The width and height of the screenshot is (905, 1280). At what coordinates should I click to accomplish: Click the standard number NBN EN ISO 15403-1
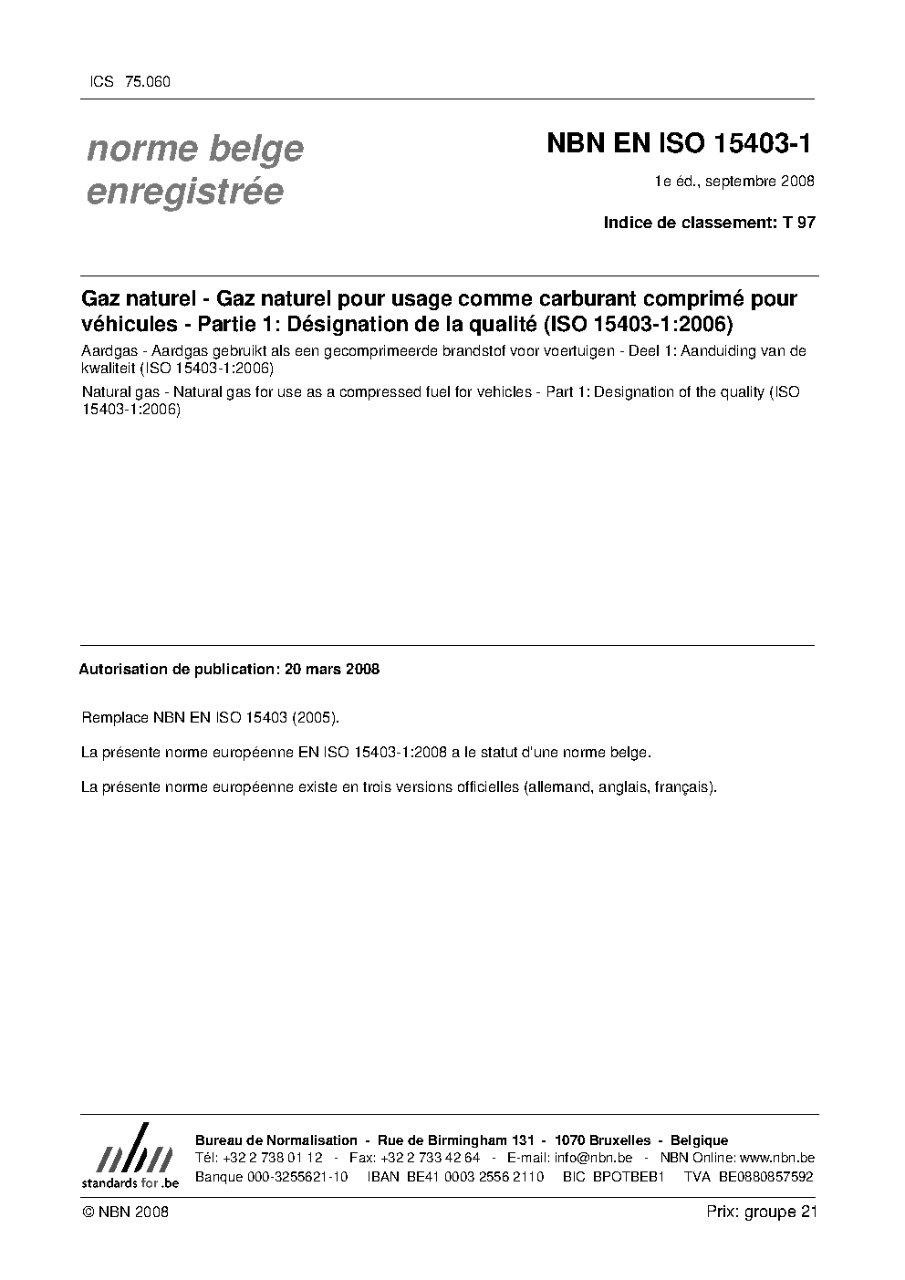(679, 144)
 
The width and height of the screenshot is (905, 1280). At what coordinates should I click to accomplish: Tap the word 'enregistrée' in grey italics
(184, 193)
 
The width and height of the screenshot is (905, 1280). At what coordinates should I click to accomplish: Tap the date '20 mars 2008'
(332, 669)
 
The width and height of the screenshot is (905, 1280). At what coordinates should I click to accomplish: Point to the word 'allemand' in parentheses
(557, 786)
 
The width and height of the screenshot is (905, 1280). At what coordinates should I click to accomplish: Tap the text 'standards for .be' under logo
(130, 1182)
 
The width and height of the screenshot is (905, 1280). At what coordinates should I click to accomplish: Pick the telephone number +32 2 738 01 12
(272, 1158)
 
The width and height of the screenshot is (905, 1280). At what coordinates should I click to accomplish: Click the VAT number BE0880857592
(766, 1177)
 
